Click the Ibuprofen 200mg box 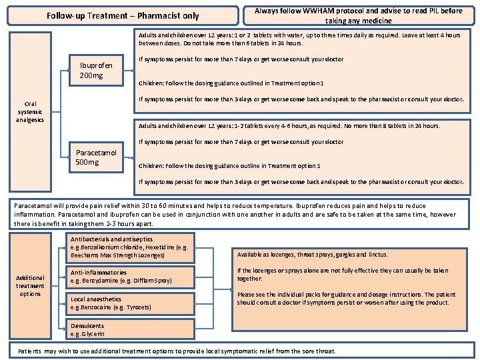pos(96,70)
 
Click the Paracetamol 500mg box pos(96,157)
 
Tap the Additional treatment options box pos(30,285)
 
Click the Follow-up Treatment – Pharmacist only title pos(123,16)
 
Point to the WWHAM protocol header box pos(358,15)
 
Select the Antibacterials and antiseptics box pos(131,247)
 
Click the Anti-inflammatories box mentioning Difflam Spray pos(131,277)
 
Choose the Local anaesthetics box pos(131,303)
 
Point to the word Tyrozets pos(138,307)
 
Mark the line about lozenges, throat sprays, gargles pos(313,255)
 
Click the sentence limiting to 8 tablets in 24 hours pos(289,125)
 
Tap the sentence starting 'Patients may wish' pos(177,351)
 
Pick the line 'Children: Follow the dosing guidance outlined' pos(231,83)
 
